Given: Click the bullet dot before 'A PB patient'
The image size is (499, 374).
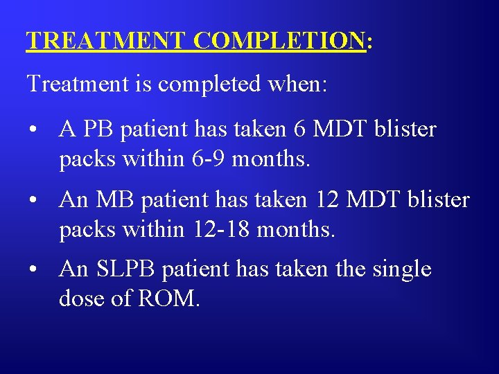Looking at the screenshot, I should coord(33,130).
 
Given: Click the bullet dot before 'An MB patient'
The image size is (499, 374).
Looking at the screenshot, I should coord(33,200).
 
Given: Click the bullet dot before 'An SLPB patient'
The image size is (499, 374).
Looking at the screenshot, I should coord(33,269).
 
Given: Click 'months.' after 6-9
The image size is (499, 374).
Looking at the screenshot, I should coord(272,159).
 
